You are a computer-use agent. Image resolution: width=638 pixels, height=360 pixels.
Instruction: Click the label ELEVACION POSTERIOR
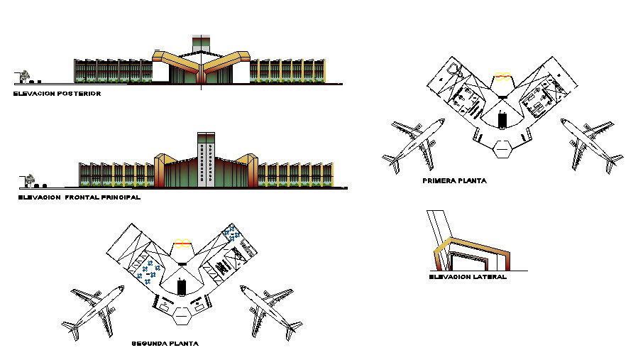point(57,93)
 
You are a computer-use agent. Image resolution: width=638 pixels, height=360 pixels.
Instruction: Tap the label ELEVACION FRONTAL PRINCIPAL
point(79,198)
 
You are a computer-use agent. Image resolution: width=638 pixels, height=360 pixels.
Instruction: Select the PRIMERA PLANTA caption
point(454,181)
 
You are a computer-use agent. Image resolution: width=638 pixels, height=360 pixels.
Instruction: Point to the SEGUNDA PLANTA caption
point(165,344)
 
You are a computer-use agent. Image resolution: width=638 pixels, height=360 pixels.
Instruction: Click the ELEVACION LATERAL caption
point(468,277)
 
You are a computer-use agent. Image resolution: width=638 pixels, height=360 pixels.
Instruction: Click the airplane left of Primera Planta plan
point(413,144)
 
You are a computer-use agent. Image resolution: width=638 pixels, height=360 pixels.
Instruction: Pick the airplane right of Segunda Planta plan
point(270,310)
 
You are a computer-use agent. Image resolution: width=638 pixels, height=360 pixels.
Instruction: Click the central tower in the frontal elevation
point(206,161)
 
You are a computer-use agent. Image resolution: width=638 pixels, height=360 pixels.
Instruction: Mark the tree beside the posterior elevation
point(26,75)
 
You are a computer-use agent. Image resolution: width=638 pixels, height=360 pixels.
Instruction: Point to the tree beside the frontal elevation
point(31,179)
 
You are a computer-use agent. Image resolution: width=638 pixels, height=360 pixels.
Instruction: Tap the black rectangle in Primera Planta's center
point(502,120)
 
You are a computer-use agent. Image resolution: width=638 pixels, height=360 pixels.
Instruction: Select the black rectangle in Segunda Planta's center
point(182,287)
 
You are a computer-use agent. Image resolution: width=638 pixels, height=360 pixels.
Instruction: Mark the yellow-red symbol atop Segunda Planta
point(182,243)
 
